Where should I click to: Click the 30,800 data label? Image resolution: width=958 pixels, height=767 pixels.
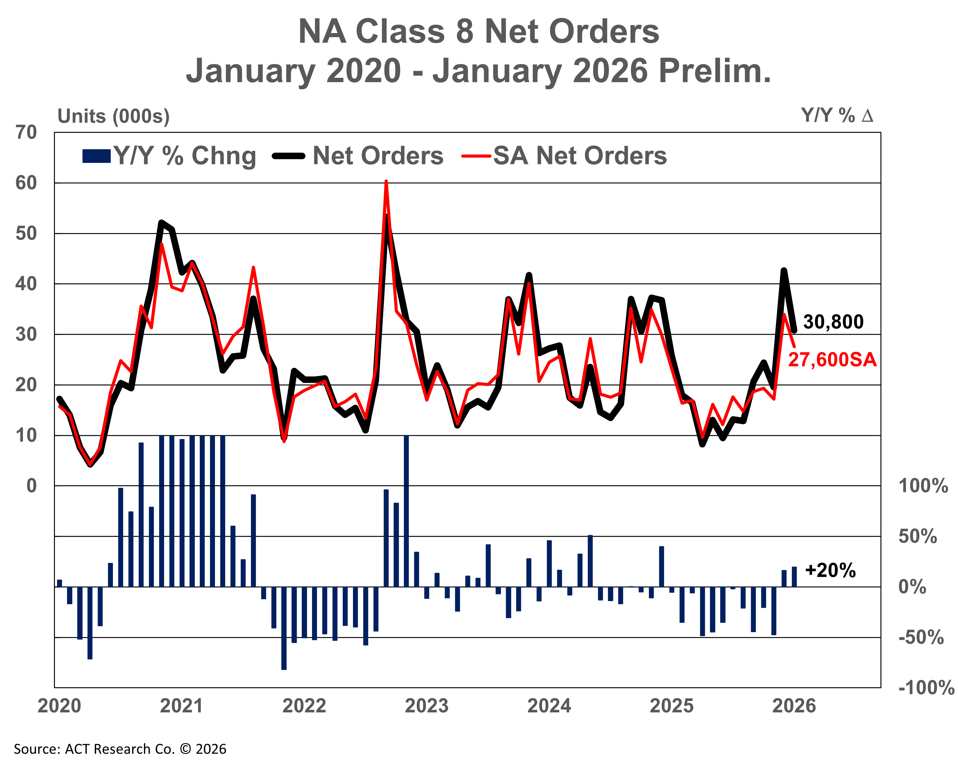[833, 322]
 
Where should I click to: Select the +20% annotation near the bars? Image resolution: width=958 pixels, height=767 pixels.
[830, 571]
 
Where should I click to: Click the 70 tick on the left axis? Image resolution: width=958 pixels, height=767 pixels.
[26, 132]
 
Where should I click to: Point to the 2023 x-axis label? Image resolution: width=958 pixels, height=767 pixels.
[426, 706]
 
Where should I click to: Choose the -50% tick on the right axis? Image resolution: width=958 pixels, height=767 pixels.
[921, 638]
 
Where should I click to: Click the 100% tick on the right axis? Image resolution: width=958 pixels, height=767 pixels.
[923, 486]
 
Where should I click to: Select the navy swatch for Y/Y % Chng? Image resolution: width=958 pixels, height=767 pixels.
[96, 156]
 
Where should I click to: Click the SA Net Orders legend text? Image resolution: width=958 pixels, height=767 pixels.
[580, 156]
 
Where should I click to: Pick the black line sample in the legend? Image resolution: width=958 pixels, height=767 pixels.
[289, 156]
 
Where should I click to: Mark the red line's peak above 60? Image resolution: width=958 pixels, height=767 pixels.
[386, 182]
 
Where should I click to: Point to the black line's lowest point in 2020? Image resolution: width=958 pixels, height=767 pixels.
[91, 465]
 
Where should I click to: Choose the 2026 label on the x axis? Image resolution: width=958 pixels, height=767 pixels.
[794, 706]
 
